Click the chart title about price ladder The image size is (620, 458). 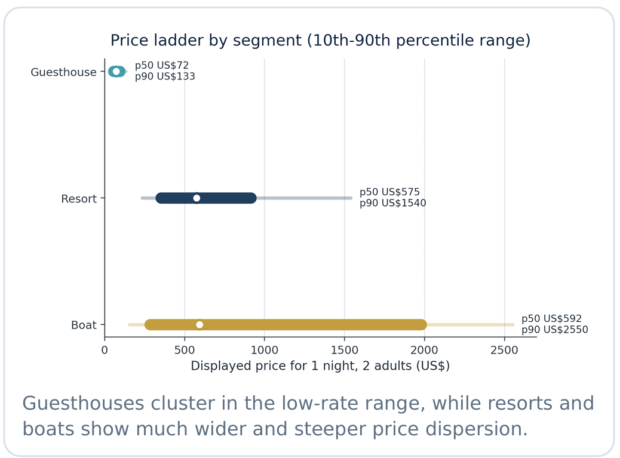[x=320, y=41]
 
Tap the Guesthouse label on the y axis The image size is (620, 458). [x=63, y=72]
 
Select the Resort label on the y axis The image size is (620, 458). [x=79, y=199]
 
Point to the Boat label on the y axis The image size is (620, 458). [x=84, y=325]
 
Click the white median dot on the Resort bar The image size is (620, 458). [x=197, y=198]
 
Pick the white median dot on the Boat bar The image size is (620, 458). [x=199, y=325]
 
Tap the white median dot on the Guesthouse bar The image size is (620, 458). [x=116, y=72]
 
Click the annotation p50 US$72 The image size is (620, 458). [x=161, y=66]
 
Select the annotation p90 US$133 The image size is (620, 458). [x=165, y=76]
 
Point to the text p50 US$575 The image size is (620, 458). [x=389, y=192]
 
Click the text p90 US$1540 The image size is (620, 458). [x=392, y=203]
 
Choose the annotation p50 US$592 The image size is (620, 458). [x=551, y=319]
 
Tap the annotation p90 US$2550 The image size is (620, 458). [x=554, y=330]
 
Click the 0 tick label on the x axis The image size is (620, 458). [x=105, y=351]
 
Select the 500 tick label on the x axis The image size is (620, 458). [x=185, y=351]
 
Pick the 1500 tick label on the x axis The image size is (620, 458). [x=345, y=351]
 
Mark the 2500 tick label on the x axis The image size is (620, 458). [x=505, y=351]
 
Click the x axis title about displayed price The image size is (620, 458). [x=320, y=366]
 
